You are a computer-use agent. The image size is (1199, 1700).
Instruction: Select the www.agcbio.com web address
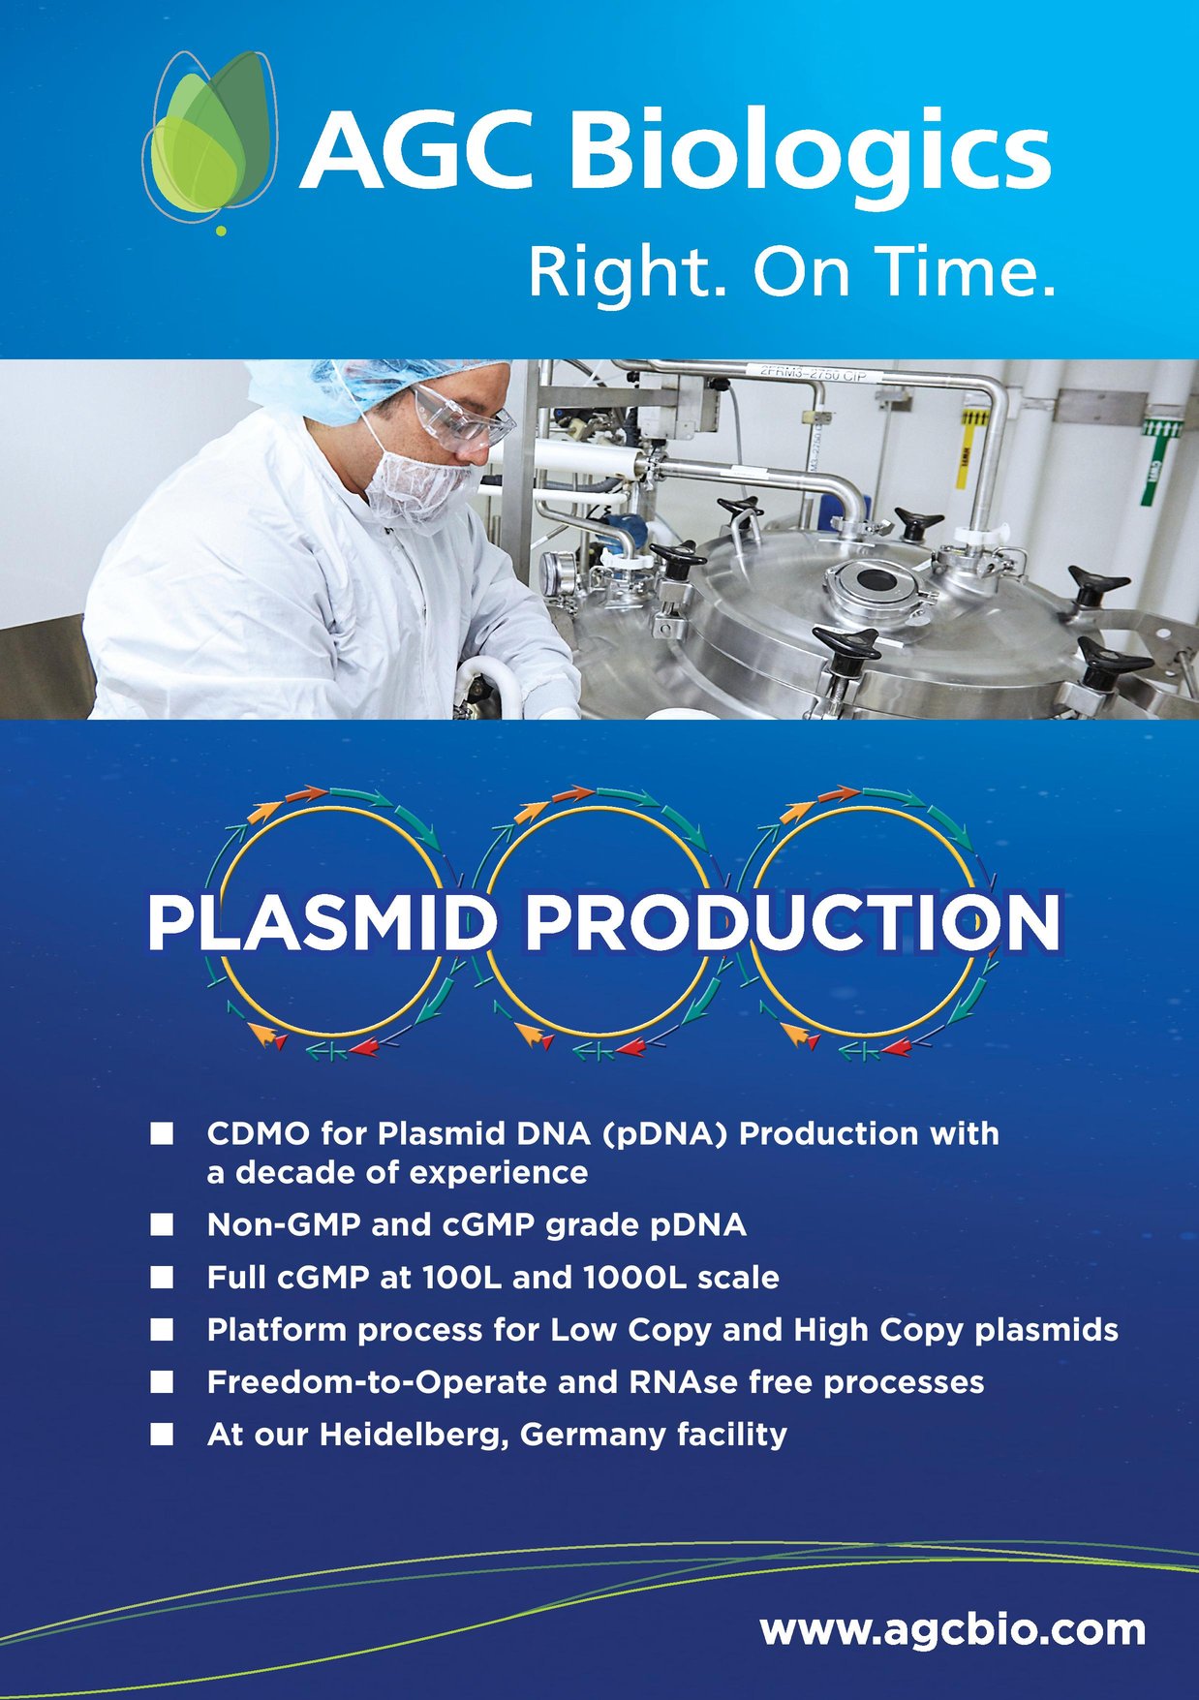coord(952,1629)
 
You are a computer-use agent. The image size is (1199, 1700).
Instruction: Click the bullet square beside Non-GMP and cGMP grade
coord(162,1225)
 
